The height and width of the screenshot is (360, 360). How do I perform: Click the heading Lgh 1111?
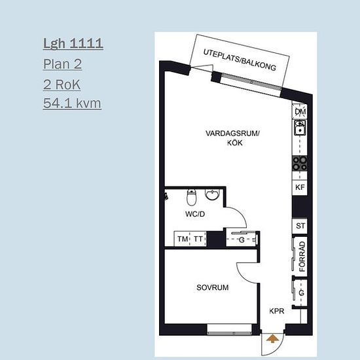pyautogui.click(x=73, y=44)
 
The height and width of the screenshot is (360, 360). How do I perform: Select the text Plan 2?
pyautogui.click(x=62, y=64)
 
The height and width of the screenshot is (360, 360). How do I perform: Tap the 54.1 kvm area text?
pyautogui.click(x=72, y=103)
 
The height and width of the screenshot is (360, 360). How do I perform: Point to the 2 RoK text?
pyautogui.click(x=62, y=84)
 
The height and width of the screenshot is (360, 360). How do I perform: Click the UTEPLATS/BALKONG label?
pyautogui.click(x=240, y=60)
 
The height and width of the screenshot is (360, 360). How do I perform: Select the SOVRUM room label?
pyautogui.click(x=212, y=287)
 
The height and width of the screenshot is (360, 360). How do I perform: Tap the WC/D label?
pyautogui.click(x=195, y=214)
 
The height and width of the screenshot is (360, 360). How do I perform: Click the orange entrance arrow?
pyautogui.click(x=272, y=338)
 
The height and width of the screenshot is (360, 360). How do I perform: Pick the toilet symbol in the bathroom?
pyautogui.click(x=191, y=197)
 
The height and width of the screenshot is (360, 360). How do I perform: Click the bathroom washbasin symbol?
pyautogui.click(x=213, y=195)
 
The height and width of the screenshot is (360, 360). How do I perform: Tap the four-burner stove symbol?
pyautogui.click(x=300, y=163)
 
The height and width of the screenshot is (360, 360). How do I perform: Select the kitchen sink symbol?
pyautogui.click(x=300, y=128)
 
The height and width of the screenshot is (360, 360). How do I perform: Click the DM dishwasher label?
pyautogui.click(x=300, y=112)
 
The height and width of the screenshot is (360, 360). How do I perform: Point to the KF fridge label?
pyautogui.click(x=300, y=187)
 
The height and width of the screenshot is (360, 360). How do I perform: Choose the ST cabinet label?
pyautogui.click(x=300, y=226)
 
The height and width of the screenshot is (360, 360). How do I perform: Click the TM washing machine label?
pyautogui.click(x=183, y=239)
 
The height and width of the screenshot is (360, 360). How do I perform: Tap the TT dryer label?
pyautogui.click(x=198, y=239)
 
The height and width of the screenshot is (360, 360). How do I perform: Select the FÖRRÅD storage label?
pyautogui.click(x=302, y=257)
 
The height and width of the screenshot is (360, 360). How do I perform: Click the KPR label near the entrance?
pyautogui.click(x=277, y=311)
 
